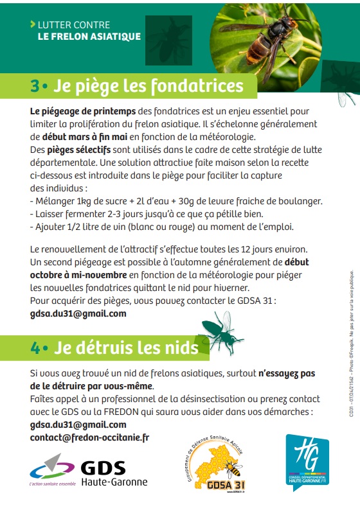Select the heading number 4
tap(36, 347)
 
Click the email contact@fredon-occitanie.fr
tap(89, 437)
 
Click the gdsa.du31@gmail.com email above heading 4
tap(78, 314)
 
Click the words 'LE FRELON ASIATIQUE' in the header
tap(89, 37)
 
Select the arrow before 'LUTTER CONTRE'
tap(33, 25)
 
